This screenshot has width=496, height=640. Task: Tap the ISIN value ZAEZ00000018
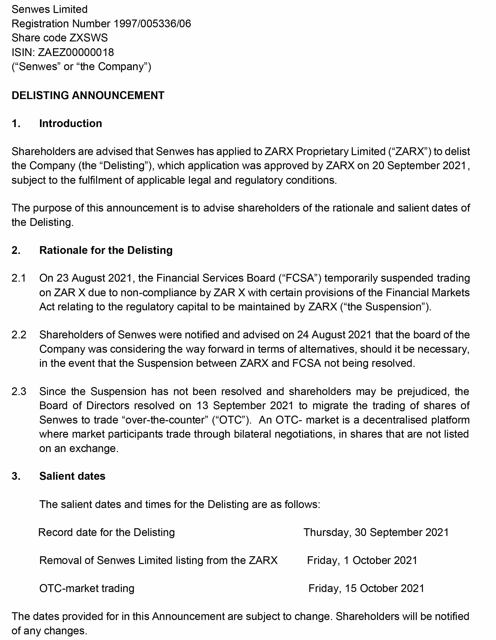coord(76,52)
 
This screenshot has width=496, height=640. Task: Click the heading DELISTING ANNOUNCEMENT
coord(88,96)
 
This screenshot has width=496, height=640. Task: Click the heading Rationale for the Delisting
coord(106,250)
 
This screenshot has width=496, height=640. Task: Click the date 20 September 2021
coord(419,166)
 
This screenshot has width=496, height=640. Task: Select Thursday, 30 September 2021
coord(376,532)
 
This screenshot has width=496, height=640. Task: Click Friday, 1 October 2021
coord(362,560)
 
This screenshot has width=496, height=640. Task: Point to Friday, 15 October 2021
coord(366,588)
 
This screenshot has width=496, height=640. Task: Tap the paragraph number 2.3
coord(19,392)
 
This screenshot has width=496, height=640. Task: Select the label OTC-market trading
coord(87,588)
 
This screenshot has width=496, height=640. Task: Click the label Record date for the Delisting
coord(106,532)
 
